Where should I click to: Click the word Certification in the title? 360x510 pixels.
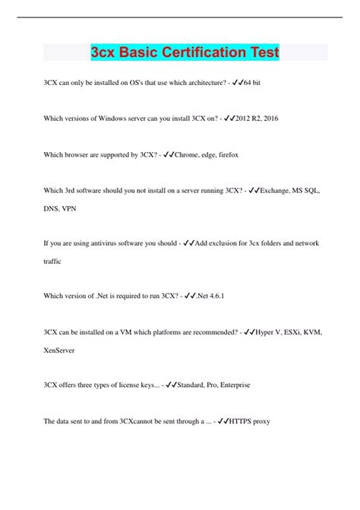[x=196, y=53]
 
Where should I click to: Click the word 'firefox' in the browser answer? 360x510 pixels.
[x=226, y=155]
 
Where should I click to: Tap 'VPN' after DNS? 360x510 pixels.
[x=72, y=206]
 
